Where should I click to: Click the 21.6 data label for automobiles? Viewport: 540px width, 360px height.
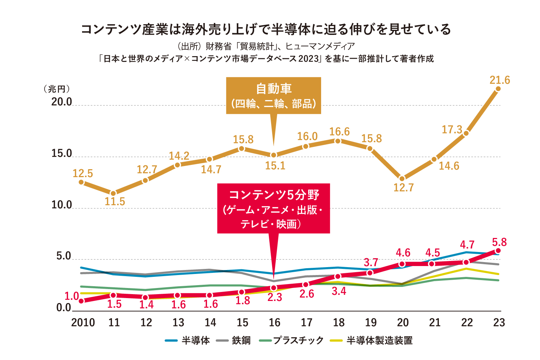500,80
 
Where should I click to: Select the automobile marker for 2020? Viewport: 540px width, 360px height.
402,179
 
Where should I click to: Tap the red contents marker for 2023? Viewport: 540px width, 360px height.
498,251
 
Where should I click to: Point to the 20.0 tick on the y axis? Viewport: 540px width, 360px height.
62,102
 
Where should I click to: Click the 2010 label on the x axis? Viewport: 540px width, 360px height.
83,323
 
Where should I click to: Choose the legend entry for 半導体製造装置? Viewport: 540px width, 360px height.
372,341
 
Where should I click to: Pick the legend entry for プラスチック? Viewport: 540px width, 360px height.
292,341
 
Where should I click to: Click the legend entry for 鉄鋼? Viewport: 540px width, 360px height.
234,341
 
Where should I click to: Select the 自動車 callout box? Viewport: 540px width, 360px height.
274,96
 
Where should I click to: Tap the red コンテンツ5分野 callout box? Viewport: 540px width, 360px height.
274,208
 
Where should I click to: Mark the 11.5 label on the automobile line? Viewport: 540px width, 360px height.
115,202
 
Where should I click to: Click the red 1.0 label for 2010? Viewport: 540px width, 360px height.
72,296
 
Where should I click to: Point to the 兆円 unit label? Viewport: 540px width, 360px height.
57,89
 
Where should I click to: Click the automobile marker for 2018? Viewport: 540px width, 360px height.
338,141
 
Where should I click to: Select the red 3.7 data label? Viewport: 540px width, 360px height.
371,262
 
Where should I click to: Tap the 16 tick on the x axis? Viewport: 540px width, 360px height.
275,323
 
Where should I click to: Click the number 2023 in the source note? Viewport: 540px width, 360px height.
309,59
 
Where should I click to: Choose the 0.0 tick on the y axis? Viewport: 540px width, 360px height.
64,308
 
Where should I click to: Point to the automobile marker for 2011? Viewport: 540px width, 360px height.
113,193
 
